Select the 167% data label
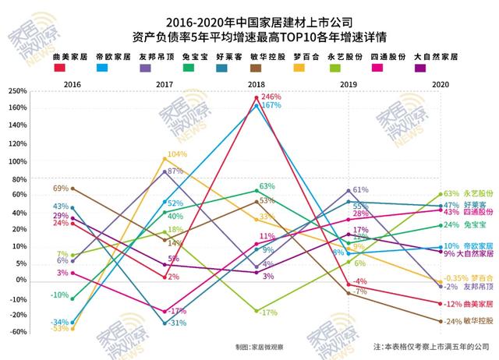tap(271, 105)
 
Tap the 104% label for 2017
tap(177, 154)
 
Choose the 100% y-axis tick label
tap(16, 162)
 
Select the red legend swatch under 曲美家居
tap(59, 69)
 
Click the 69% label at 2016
tap(61, 189)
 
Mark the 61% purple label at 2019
tap(360, 190)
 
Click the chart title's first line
tap(249, 21)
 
